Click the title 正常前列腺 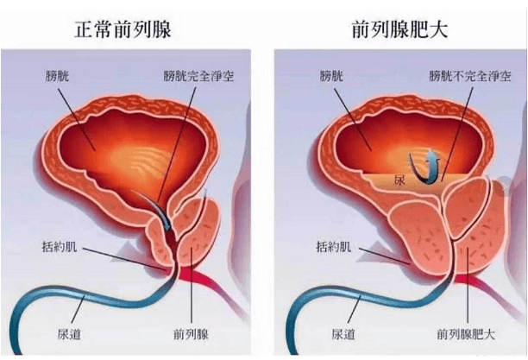coord(123,29)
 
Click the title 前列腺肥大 coord(400,29)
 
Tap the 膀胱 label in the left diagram coord(57,76)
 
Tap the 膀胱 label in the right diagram coord(331,76)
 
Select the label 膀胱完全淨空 coord(198,76)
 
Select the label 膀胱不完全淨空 coord(470,76)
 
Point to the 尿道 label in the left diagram coord(69,334)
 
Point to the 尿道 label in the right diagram coord(343,334)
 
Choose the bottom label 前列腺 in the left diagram coord(191,334)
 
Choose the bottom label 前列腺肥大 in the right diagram coord(466,334)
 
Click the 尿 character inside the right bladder coord(399,180)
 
